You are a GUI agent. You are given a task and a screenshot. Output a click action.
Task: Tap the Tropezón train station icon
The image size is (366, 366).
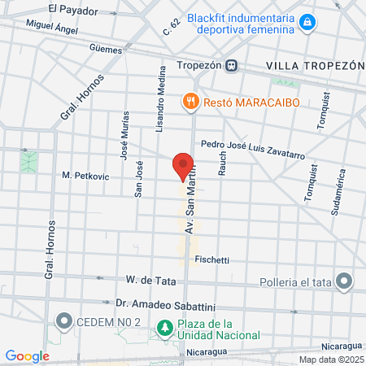pyautogui.click(x=232, y=65)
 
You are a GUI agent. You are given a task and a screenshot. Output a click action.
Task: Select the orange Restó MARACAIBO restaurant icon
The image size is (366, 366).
pyautogui.click(x=190, y=102)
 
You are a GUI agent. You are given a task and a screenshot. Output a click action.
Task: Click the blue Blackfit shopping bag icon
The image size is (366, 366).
pyautogui.click(x=306, y=24)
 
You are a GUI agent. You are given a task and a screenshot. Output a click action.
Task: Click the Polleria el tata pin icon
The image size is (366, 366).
pyautogui.click(x=345, y=282)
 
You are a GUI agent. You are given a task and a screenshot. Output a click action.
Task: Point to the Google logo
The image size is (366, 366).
pyautogui.click(x=28, y=356)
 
